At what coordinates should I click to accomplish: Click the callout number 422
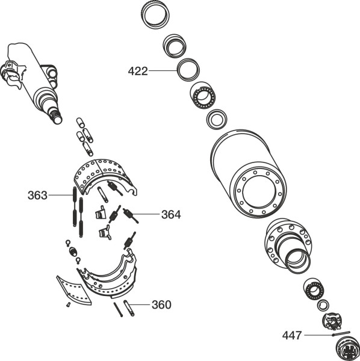tap(138, 71)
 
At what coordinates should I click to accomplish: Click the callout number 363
tap(37, 195)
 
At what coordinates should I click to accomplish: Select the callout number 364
tap(171, 215)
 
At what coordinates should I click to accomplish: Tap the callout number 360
tap(161, 304)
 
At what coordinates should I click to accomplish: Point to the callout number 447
tap(292, 335)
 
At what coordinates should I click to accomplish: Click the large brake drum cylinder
tap(249, 174)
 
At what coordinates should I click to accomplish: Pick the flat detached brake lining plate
tap(73, 291)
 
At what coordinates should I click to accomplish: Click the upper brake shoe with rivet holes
tap(105, 177)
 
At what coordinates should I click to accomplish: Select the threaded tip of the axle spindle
tap(56, 116)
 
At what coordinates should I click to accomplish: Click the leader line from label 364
tap(146, 214)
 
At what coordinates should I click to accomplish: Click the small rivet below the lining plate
tap(68, 305)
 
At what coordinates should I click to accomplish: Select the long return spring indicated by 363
tap(75, 206)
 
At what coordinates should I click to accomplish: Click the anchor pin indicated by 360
tap(129, 308)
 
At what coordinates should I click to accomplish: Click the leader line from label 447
tap(318, 335)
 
